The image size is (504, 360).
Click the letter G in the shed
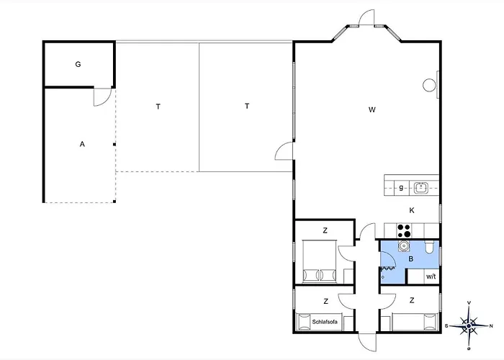[x=78, y=64]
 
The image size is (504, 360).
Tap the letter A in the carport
[x=82, y=144]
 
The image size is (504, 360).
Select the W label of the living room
[x=372, y=110]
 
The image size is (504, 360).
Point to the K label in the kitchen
[x=412, y=210]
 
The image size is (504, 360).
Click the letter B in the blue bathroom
[x=411, y=258]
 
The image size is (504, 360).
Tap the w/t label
[x=431, y=276]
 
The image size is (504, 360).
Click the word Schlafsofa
[x=325, y=321]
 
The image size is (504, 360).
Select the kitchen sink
[x=421, y=188]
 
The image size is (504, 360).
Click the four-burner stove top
[x=404, y=231]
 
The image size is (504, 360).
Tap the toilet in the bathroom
[x=429, y=246]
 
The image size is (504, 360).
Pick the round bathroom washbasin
[x=404, y=246]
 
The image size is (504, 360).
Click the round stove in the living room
[x=429, y=86]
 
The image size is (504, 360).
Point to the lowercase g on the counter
[x=401, y=187]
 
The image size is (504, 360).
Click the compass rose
[x=469, y=326]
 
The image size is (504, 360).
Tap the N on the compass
[x=491, y=326]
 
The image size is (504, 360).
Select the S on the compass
[x=446, y=326]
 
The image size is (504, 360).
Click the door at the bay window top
[x=366, y=17]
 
